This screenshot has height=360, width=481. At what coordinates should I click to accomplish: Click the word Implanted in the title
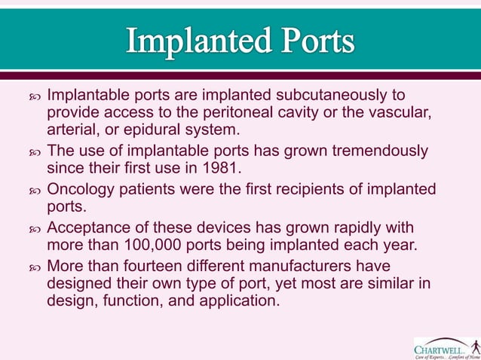(x=197, y=41)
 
